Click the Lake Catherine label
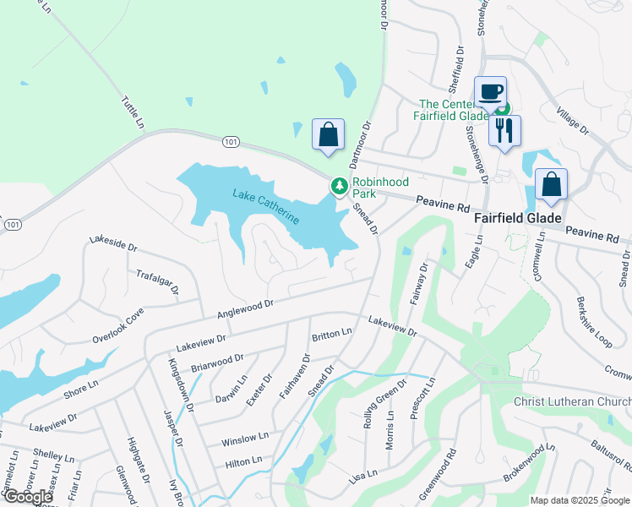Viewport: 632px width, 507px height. point(266,207)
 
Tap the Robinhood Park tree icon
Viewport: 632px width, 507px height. point(340,186)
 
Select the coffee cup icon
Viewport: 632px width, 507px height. point(489,92)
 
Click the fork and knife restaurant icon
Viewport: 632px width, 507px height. point(505,130)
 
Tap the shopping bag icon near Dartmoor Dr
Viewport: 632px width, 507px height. point(328,134)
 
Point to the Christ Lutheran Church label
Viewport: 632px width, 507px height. point(572,401)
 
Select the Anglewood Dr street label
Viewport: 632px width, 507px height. point(246,308)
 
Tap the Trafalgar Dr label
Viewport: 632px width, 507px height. point(158,282)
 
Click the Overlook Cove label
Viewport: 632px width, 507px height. point(118,325)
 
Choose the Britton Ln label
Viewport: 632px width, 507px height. point(331,334)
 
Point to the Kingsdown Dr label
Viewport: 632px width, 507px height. point(182,384)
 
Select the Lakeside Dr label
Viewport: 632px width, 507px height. point(112,245)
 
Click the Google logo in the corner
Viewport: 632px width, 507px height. point(28,497)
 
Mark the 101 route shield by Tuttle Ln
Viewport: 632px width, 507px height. point(229,140)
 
